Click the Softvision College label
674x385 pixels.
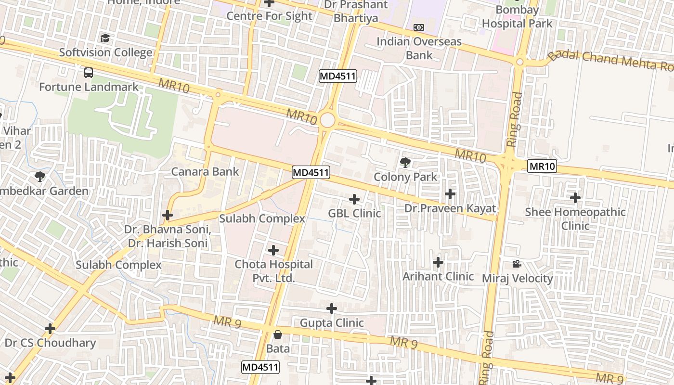coord(105,52)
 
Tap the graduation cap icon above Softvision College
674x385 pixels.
coord(105,38)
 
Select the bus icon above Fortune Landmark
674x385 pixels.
coord(89,73)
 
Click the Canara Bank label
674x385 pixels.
coord(205,171)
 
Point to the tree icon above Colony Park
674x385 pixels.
coord(405,163)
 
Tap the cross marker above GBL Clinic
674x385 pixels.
coord(354,199)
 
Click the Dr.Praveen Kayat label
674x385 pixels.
coord(450,208)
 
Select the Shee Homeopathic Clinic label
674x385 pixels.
coord(575,218)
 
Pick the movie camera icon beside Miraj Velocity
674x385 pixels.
coord(517,264)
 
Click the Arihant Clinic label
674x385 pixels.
coord(438,276)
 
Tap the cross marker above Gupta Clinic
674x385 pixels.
coord(332,308)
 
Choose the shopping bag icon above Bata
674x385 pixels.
coord(278,334)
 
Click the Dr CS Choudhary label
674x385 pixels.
coord(50,343)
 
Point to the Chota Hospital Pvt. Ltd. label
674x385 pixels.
coord(273,271)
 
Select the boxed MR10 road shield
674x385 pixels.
coord(542,167)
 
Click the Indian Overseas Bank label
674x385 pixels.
coord(419,48)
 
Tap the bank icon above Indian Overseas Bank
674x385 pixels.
coord(419,27)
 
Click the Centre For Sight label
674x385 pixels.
coord(269,16)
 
